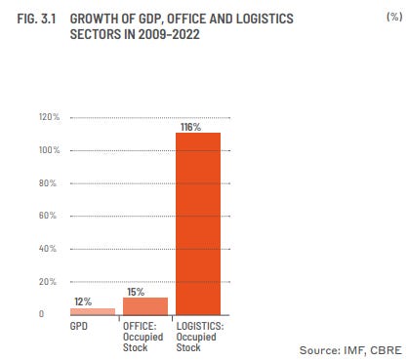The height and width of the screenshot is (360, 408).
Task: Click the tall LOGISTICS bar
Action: point(198,223)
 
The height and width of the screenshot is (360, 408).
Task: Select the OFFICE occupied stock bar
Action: point(145,306)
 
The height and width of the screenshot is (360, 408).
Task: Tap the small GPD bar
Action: point(93,311)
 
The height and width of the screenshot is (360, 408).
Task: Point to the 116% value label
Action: point(190,127)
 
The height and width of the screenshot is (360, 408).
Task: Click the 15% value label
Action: point(136,292)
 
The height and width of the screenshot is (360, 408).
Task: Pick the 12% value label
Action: point(83,301)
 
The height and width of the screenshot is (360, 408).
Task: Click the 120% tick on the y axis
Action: point(50,117)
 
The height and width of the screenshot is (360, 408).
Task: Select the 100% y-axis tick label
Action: point(50,150)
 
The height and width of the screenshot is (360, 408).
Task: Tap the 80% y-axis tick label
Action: point(48,183)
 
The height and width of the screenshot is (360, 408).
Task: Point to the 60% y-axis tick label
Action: point(48,216)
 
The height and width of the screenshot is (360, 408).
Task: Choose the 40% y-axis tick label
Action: point(48,249)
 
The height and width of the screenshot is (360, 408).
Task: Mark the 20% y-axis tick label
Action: point(48,282)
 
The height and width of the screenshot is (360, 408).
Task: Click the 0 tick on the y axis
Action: point(41,314)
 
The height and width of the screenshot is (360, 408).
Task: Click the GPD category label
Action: point(79,326)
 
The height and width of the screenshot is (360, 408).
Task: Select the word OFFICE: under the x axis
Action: point(140,326)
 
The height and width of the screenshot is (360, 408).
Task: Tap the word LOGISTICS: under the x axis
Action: point(200,326)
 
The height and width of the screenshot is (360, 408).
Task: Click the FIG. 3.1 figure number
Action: point(36,19)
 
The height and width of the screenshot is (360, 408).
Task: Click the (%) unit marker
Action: point(394,17)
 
